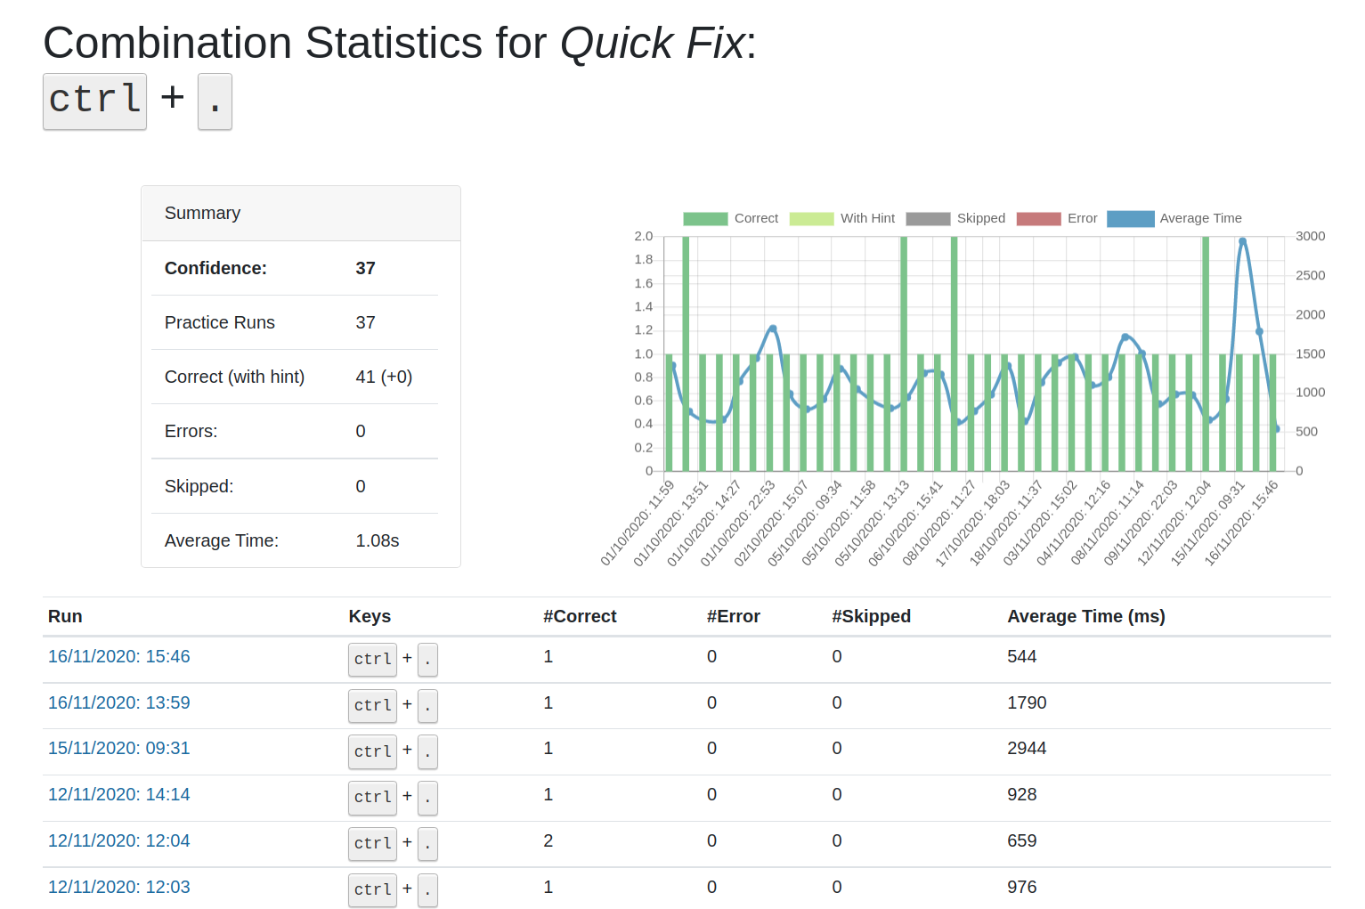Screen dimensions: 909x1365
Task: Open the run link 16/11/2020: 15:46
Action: coord(118,657)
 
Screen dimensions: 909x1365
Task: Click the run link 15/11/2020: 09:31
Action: coord(118,749)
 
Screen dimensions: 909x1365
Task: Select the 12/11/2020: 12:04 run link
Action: coord(118,841)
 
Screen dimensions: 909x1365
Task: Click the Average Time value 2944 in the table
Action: coord(1027,749)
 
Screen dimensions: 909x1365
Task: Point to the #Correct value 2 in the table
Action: coord(548,841)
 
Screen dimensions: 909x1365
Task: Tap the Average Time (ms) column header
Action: coord(1085,616)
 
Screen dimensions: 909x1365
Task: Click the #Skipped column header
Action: coord(871,616)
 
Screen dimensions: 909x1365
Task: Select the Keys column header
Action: coord(370,616)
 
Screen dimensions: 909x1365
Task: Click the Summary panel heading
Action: coord(203,214)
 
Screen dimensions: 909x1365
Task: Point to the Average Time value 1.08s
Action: coord(378,541)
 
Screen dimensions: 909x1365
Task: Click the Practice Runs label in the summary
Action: coord(220,323)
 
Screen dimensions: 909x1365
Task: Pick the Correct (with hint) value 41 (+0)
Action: coord(384,377)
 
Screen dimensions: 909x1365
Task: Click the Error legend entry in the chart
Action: coord(1082,219)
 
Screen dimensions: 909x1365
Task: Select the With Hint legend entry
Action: coord(867,219)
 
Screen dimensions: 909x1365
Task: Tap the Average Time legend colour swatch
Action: coord(1130,219)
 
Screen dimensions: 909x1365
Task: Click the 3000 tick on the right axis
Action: coord(1310,237)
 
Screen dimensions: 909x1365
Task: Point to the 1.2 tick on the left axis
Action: coord(643,330)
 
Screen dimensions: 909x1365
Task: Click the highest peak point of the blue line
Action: coord(1242,241)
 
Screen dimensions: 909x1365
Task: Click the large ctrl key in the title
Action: coord(94,101)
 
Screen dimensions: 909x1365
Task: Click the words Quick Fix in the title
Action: coord(652,44)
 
